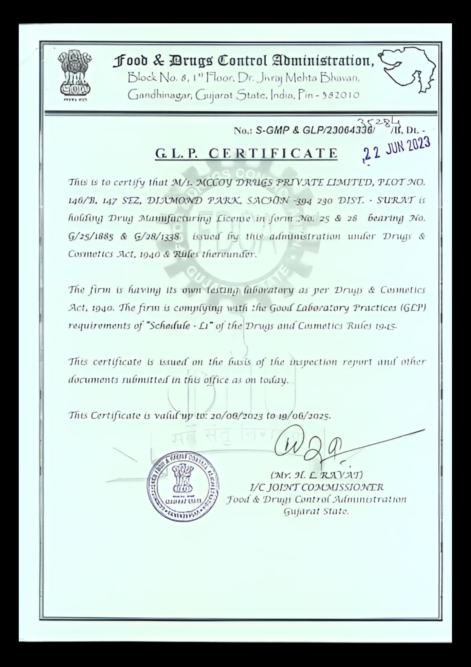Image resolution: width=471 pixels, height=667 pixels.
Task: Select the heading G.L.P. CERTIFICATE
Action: (246, 153)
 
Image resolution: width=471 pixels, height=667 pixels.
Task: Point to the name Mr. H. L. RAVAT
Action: (316, 474)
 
